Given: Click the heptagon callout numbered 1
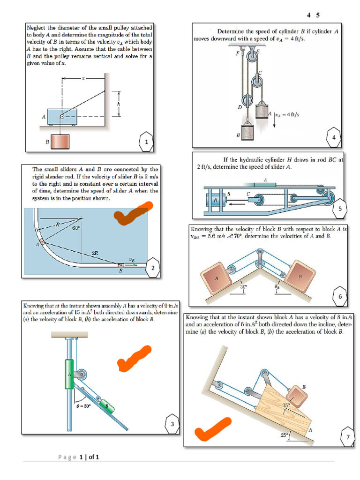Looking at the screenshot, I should click(147, 141).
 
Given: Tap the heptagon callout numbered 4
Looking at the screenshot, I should click(333, 137).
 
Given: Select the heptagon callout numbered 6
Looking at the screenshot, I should click(339, 296).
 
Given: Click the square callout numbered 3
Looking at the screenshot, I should click(172, 424).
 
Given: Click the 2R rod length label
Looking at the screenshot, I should click(95, 253).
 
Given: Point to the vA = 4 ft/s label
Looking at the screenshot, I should click(288, 114).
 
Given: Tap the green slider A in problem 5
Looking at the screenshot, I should click(265, 184).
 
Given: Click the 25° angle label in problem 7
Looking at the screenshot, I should click(284, 435).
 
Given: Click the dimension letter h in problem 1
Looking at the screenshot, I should click(119, 104).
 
